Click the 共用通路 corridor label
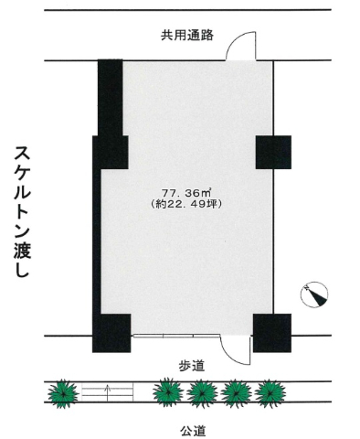click(187, 36)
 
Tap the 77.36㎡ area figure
click(186, 193)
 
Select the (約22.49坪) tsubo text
click(186, 204)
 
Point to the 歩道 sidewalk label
click(191, 366)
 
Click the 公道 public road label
click(193, 431)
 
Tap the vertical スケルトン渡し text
click(22, 212)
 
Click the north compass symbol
click(314, 294)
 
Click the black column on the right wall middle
click(273, 153)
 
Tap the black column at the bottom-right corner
click(272, 333)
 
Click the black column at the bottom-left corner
click(111, 333)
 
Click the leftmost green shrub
click(63, 393)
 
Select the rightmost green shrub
click(270, 393)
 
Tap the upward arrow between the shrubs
click(107, 393)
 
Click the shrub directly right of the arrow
click(168, 393)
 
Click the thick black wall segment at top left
click(111, 98)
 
